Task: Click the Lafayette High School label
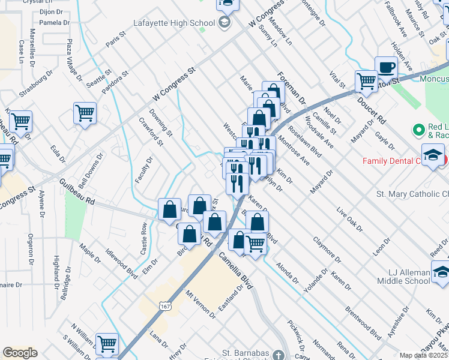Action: pos(174,23)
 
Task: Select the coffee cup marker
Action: pos(386,67)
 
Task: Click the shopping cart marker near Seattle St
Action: pos(85,112)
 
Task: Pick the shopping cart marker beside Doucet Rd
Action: pos(366,81)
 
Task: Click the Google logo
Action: pos(20,353)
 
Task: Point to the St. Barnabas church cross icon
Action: pos(277,353)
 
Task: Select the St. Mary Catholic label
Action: pos(412,194)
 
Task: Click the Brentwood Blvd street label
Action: pos(363,323)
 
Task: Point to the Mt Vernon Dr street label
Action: pos(200,304)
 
